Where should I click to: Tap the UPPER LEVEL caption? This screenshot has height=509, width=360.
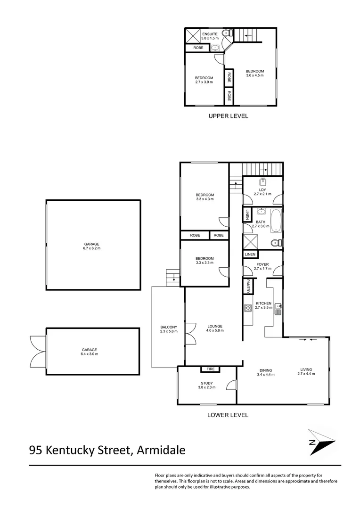[228, 116]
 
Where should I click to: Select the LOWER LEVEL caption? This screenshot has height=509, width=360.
[228, 415]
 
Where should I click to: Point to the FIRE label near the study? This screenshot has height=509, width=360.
[207, 369]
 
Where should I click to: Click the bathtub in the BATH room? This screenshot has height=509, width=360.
[276, 222]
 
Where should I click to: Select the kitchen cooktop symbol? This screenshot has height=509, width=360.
[247, 309]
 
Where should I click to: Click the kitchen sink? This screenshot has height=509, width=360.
[278, 309]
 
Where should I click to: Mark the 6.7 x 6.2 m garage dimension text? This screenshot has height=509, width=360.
[92, 248]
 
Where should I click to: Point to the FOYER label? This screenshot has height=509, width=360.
[262, 264]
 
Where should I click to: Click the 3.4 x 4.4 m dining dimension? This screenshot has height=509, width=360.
[266, 375]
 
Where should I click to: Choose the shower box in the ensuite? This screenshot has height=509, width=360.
[193, 36]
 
